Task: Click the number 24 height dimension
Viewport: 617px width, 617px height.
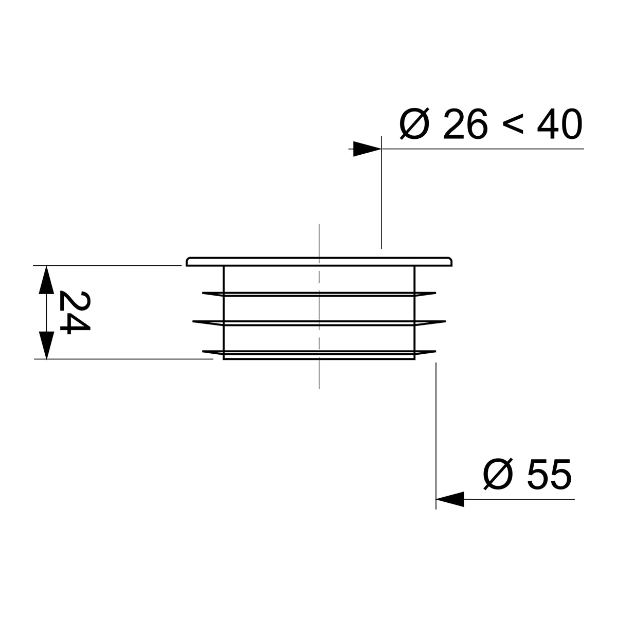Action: [74, 312]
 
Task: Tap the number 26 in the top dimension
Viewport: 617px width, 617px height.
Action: [464, 125]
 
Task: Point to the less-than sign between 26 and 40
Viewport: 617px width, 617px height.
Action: [512, 125]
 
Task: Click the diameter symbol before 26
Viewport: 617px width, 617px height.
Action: [414, 125]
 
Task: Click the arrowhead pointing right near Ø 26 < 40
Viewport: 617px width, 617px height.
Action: [367, 149]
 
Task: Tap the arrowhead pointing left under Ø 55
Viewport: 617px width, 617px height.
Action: [450, 499]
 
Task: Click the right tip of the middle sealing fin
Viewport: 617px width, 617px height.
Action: [444, 322]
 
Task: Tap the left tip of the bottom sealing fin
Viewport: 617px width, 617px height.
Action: [204, 351]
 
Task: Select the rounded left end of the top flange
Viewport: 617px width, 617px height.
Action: [188, 261]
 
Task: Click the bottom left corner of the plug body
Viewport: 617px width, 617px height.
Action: [224, 359]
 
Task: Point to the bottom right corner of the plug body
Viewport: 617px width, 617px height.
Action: [415, 359]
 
